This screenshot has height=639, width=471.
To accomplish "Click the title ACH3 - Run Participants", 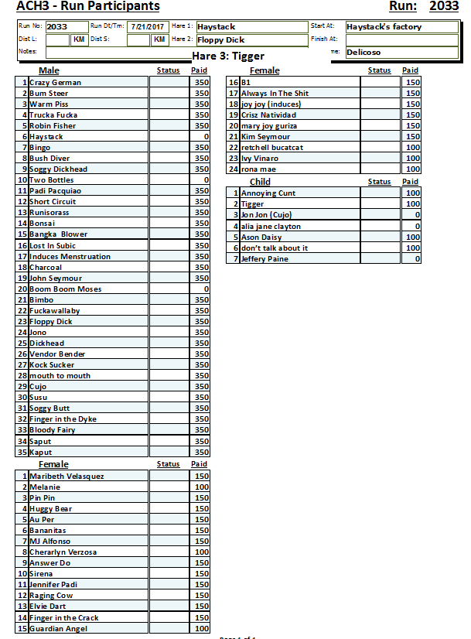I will [88, 7].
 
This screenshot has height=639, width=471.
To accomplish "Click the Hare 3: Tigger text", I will [228, 56].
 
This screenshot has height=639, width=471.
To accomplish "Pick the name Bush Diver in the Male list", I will [49, 158].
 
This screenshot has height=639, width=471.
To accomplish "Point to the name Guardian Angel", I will [58, 628].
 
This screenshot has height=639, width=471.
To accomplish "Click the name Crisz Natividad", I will [268, 114].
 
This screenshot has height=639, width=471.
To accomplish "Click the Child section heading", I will [260, 182].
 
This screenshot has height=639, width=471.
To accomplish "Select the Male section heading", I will [49, 70].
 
